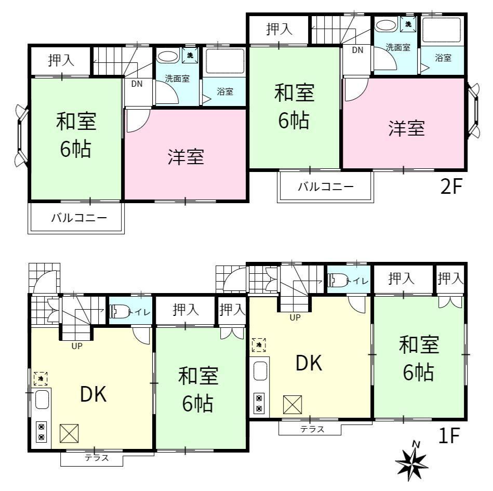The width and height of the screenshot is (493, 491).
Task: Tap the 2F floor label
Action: click(451, 187)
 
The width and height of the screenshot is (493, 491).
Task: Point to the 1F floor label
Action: click(449, 435)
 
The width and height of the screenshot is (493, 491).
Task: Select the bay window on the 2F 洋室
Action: click(473, 110)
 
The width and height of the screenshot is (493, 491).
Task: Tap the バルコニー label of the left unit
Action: click(79, 218)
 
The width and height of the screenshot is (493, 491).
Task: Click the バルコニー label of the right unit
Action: click(326, 187)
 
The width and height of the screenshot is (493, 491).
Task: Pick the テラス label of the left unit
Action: click(97, 458)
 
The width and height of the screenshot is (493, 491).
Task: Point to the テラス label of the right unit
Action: click(312, 429)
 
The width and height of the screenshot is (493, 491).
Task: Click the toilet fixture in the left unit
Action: click(119, 312)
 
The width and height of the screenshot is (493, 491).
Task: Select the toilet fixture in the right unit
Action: click(338, 280)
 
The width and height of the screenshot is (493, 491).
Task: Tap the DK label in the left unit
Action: click(94, 394)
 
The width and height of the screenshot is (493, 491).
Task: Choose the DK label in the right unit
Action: click(309, 363)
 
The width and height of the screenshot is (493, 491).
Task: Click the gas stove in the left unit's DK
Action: click(42, 432)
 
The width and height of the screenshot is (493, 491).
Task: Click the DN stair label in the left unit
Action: click(137, 84)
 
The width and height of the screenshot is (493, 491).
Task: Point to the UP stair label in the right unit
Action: click(295, 317)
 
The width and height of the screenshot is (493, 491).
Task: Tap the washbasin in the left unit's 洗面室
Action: click(168, 57)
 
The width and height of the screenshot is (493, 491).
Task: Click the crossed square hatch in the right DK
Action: click(292, 405)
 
